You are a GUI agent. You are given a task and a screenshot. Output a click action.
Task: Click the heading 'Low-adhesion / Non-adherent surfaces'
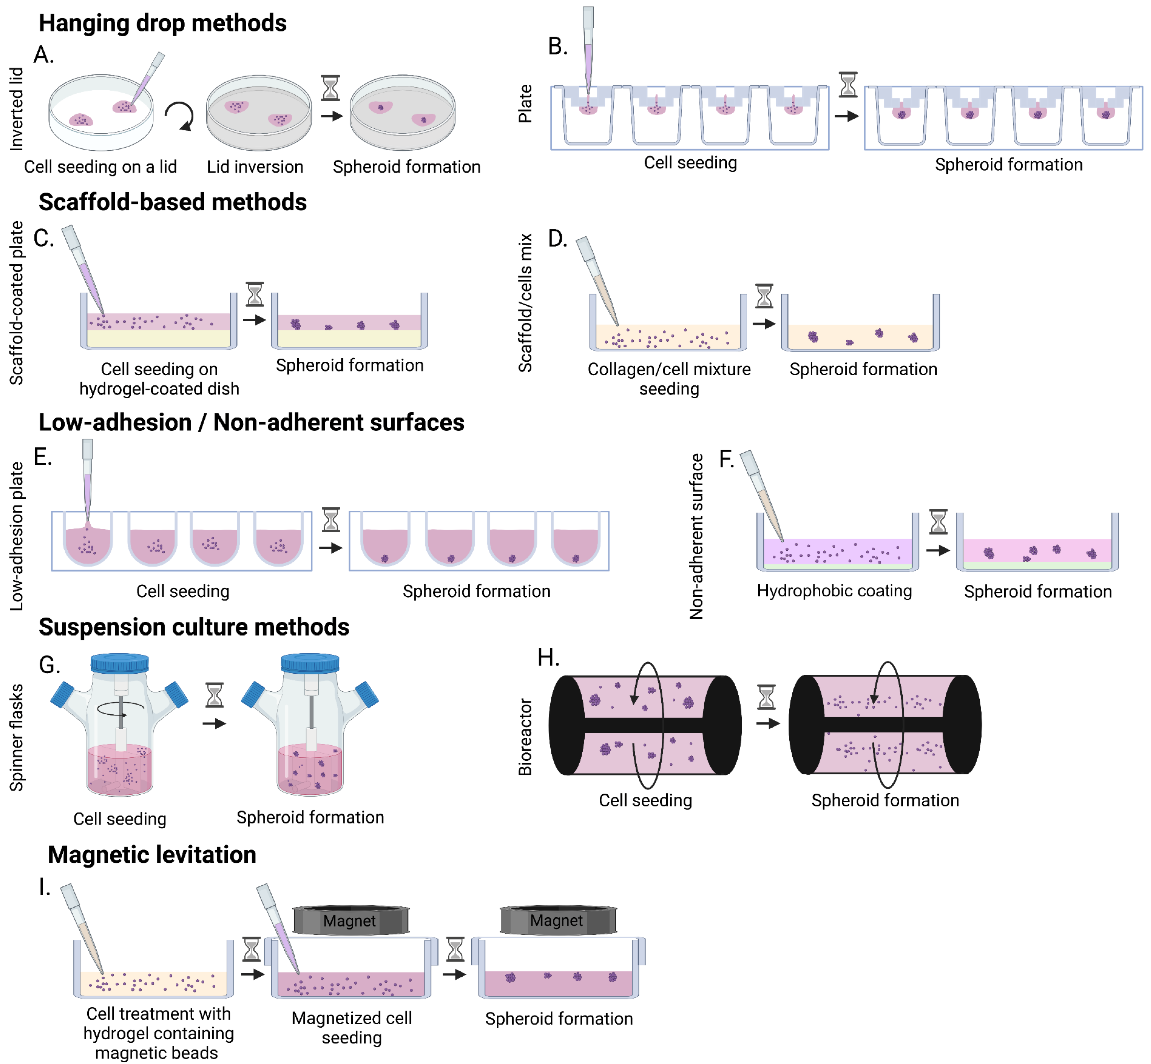[251, 423]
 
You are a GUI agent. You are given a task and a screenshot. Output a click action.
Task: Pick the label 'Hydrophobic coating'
[834, 591]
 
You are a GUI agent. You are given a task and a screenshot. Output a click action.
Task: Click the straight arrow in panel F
[938, 550]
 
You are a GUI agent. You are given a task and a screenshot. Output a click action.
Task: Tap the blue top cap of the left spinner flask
[120, 663]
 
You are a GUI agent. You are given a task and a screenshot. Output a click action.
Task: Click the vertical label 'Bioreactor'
[525, 737]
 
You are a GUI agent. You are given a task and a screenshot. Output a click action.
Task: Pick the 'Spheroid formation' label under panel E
[476, 591]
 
